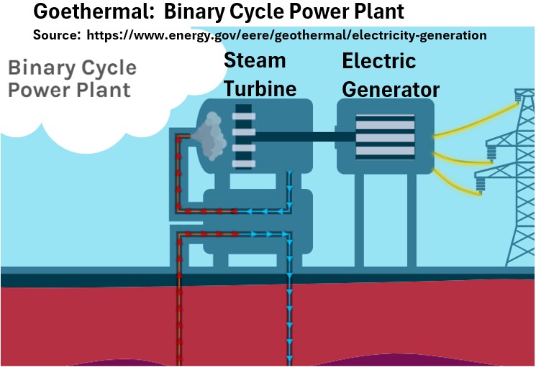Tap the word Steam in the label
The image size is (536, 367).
pos(255,60)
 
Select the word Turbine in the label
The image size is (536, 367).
pos(260,88)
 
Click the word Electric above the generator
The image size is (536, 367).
pos(378,61)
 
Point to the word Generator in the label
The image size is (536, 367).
pos(390,89)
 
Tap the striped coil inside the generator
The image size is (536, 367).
pos(386,137)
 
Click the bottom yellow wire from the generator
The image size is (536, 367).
pos(461,186)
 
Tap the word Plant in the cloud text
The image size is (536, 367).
pos(105,90)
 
